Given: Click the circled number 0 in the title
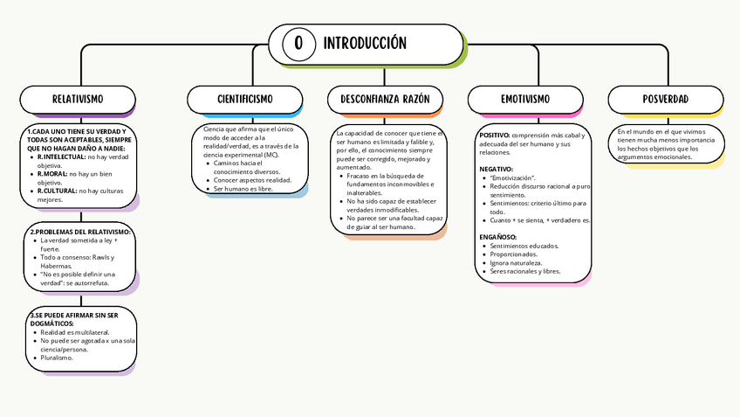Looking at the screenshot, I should click(x=299, y=44).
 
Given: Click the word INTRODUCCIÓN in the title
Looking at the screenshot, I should click(x=365, y=43).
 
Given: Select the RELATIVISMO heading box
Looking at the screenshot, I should click(x=78, y=100).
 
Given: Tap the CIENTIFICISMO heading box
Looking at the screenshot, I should click(x=245, y=100).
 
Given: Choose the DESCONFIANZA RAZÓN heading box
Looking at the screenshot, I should click(x=385, y=100).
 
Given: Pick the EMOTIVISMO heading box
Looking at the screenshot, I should click(x=525, y=100).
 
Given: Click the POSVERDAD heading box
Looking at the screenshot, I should click(x=665, y=100).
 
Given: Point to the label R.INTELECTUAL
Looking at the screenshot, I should click(x=61, y=156).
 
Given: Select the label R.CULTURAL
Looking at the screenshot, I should click(x=56, y=191).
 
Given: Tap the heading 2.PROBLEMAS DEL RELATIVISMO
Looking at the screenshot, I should click(x=80, y=232).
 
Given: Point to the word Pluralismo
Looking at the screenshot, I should click(x=57, y=357).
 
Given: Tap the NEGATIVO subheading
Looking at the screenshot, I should click(x=497, y=169).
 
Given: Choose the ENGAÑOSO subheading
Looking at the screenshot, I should click(x=497, y=237).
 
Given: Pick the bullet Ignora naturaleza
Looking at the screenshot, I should click(x=516, y=262).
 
